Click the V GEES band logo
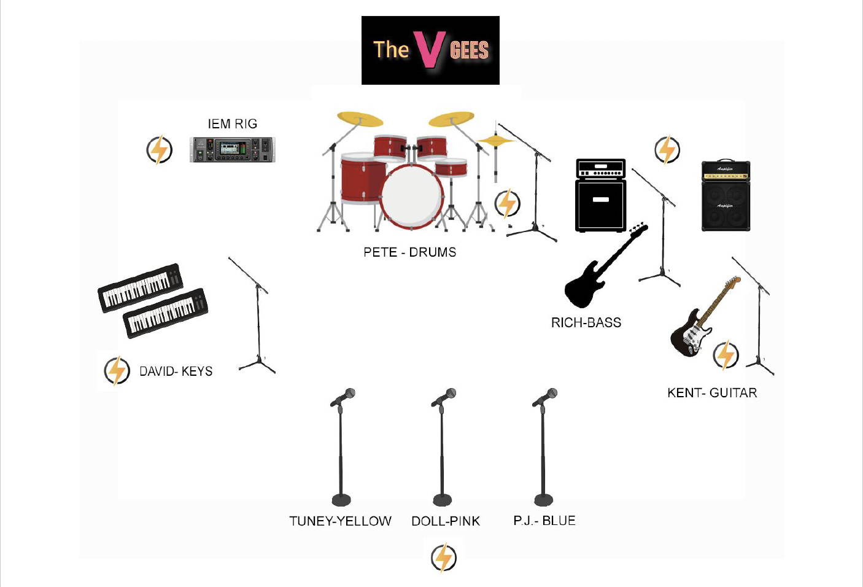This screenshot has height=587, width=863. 430,50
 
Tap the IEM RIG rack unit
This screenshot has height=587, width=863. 233,149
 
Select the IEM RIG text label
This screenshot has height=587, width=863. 232,124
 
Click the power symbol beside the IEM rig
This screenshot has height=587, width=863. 160,150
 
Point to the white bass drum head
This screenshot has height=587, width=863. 411,196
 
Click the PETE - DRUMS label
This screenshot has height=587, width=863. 409,252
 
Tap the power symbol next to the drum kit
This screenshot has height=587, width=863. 508,203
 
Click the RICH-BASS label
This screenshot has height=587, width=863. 586,323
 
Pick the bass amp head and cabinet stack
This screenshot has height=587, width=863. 600,195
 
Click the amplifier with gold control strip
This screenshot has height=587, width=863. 726,195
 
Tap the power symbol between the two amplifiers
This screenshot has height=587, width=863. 667,150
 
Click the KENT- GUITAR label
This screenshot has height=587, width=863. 712,393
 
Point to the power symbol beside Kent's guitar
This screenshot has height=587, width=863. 726,355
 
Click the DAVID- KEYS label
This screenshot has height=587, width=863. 176,371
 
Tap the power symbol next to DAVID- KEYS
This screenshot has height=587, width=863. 117,370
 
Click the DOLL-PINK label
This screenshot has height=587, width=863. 446,521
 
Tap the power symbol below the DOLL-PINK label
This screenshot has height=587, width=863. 444,558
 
